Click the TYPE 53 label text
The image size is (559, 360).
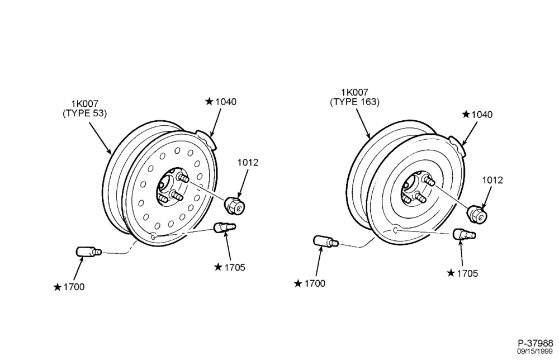[x=85, y=113]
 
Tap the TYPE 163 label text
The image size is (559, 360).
[x=355, y=102]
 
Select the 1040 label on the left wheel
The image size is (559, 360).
[x=226, y=102]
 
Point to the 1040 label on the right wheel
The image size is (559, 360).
[x=482, y=115]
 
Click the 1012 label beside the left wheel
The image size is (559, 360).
[x=248, y=163]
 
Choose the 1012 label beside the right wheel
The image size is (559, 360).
[x=492, y=181]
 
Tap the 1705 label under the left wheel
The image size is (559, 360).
[x=235, y=267]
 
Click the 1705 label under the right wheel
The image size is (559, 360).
[x=467, y=273]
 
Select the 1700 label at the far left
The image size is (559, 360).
[x=74, y=287]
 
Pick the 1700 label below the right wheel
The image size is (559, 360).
[x=315, y=283]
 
